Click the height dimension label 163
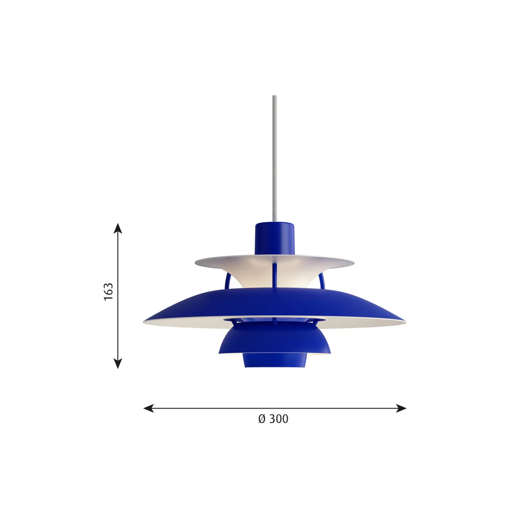point(108,292)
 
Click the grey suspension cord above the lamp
point(275,159)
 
